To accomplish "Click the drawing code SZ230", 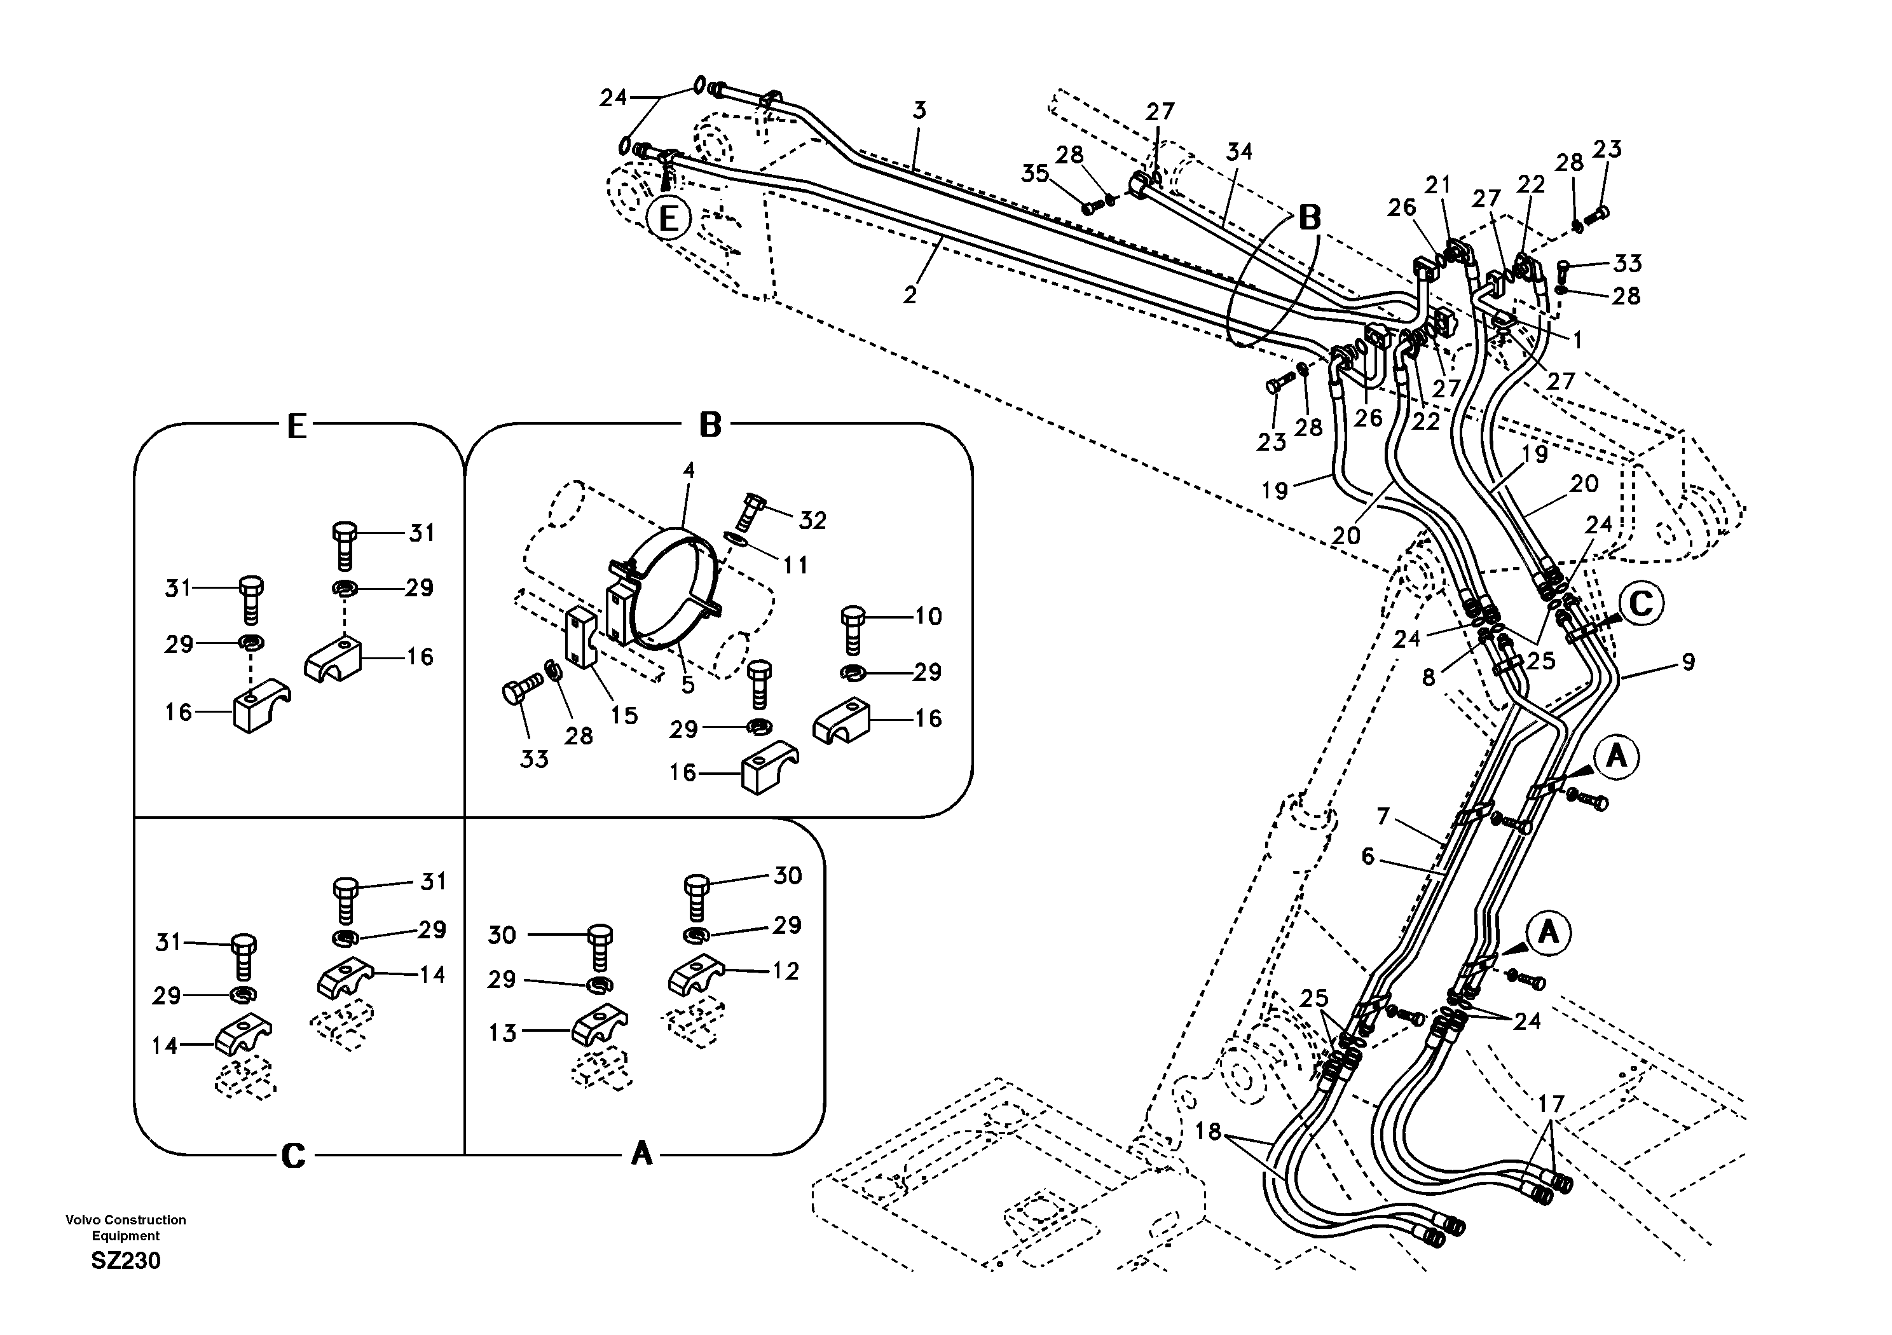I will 125,1261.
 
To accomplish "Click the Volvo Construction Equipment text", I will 125,1227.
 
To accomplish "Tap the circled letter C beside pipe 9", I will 1641,604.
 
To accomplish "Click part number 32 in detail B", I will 812,520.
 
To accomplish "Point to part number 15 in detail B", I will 624,715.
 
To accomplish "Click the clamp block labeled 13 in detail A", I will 599,1029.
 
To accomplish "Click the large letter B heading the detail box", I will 709,426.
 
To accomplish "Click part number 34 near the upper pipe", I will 1238,152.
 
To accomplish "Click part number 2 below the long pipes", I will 909,294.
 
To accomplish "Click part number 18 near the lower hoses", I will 1207,1132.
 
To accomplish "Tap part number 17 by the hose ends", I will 1550,1104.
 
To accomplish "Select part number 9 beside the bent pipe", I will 1688,662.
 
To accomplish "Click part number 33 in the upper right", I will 1627,263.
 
